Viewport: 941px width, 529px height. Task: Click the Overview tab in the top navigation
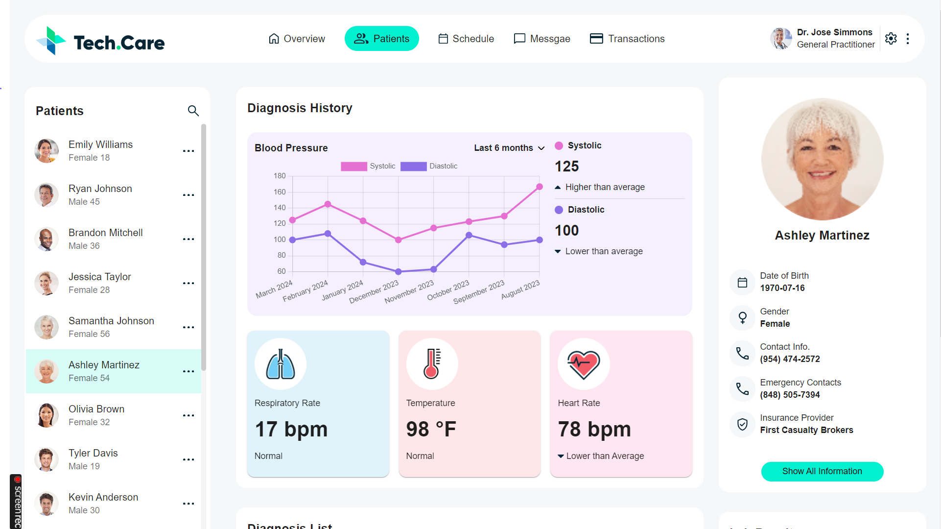pos(297,39)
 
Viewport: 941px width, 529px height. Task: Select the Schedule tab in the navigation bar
pos(466,39)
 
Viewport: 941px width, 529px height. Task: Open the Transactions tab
pos(627,39)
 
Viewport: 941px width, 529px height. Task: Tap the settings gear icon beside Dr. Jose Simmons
pos(891,39)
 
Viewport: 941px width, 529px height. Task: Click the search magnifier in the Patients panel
pos(193,111)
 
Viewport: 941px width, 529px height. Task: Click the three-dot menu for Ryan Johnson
pos(188,195)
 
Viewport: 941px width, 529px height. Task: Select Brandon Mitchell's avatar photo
pos(47,239)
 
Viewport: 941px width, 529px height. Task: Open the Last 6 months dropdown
pos(509,148)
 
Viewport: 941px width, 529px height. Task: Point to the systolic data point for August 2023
pos(540,187)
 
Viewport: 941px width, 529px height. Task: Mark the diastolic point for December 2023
pos(399,271)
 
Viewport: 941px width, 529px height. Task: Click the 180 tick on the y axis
pos(280,176)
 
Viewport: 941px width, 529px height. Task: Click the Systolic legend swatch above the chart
pos(353,167)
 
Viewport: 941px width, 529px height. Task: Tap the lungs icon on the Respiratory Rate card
pos(281,364)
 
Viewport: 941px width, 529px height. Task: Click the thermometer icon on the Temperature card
pos(432,364)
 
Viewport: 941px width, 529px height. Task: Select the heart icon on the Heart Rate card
pos(584,364)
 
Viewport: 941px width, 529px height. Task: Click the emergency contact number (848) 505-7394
pos(790,395)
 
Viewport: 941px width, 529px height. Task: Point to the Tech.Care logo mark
pos(50,41)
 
